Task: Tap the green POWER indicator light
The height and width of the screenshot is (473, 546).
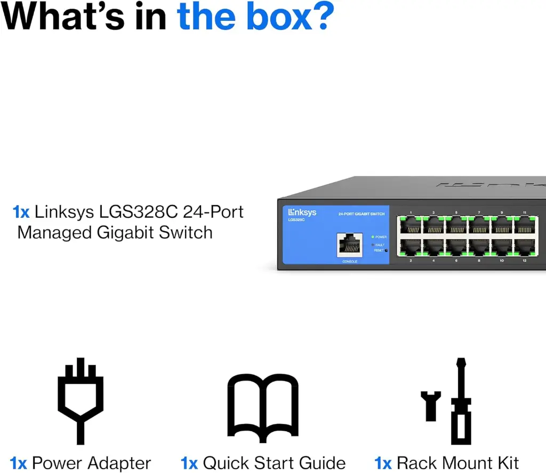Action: click(372, 237)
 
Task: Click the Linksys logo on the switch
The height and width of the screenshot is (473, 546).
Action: click(302, 212)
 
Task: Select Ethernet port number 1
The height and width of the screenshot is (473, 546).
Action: click(411, 226)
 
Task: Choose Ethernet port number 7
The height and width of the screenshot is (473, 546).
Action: click(479, 226)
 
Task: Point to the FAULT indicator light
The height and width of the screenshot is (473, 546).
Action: click(372, 245)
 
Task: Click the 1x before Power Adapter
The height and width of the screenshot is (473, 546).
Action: click(18, 463)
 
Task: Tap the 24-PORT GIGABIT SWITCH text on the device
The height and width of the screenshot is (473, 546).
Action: click(361, 214)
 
